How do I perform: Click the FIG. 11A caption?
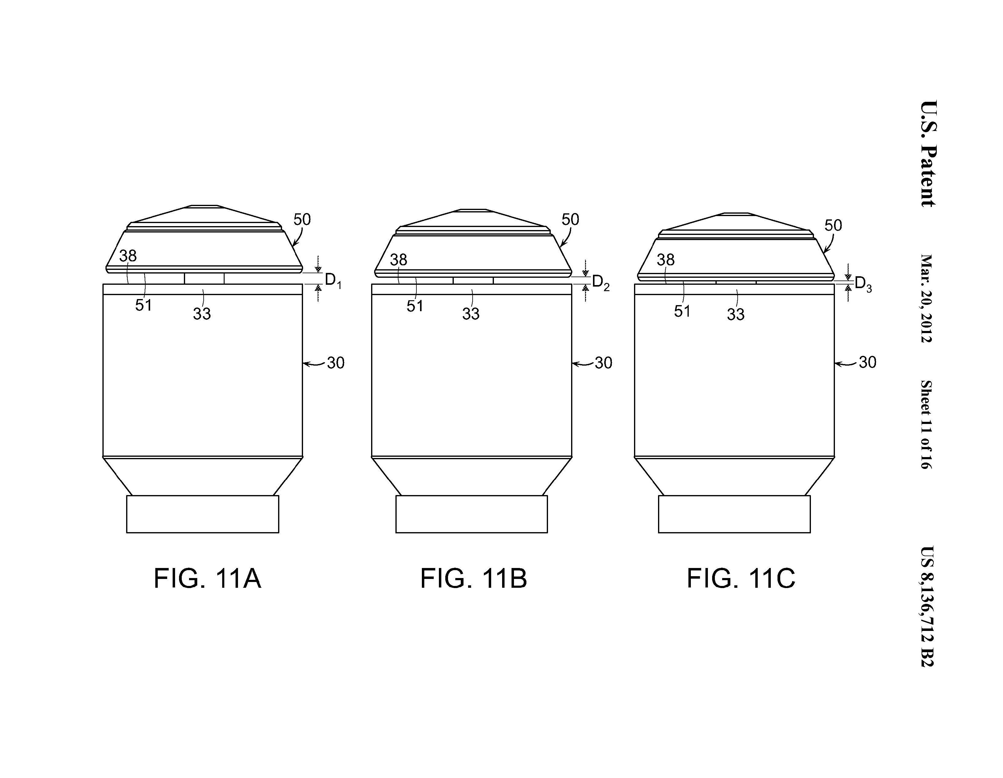pyautogui.click(x=207, y=578)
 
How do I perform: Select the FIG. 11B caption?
pyautogui.click(x=474, y=578)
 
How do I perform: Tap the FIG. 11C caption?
pyautogui.click(x=741, y=578)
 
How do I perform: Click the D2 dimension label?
pyautogui.click(x=601, y=282)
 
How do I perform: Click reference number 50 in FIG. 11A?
pyautogui.click(x=302, y=219)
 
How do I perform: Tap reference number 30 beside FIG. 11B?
pyautogui.click(x=603, y=363)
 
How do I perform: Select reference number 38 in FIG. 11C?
pyautogui.click(x=665, y=260)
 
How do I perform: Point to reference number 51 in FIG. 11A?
pyautogui.click(x=143, y=305)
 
